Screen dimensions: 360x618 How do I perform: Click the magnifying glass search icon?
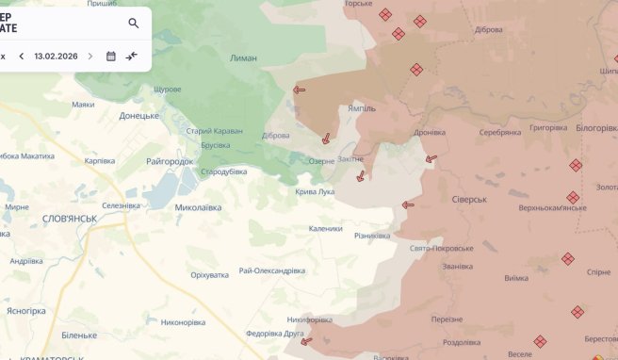click(x=133, y=24)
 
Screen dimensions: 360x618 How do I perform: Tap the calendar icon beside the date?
click(x=111, y=56)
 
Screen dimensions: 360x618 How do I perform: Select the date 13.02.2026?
click(x=56, y=56)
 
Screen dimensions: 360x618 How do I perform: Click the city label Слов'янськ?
click(x=70, y=218)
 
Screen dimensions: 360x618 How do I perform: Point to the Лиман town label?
click(x=243, y=58)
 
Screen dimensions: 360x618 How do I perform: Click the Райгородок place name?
click(x=170, y=161)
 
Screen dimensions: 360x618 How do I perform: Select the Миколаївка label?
click(x=198, y=207)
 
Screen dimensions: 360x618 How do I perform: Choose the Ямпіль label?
click(x=362, y=108)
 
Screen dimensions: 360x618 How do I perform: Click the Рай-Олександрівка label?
click(x=272, y=270)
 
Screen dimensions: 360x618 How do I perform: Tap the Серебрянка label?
click(x=499, y=132)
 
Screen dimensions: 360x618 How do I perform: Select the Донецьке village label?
click(x=139, y=116)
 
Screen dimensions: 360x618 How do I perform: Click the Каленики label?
click(x=325, y=228)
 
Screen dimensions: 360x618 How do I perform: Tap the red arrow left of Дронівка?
click(x=431, y=159)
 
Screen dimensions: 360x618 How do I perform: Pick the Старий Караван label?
click(x=215, y=130)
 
